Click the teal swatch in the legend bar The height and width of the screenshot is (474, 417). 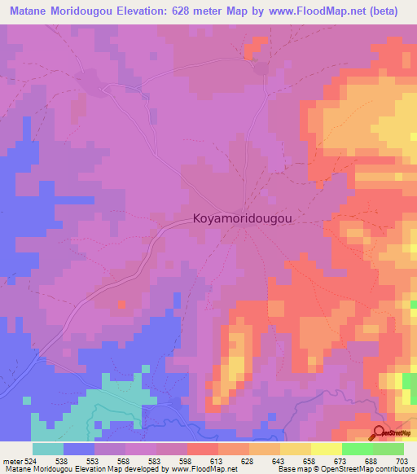coord(47,449)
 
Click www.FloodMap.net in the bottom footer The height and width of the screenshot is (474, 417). coord(200,468)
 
